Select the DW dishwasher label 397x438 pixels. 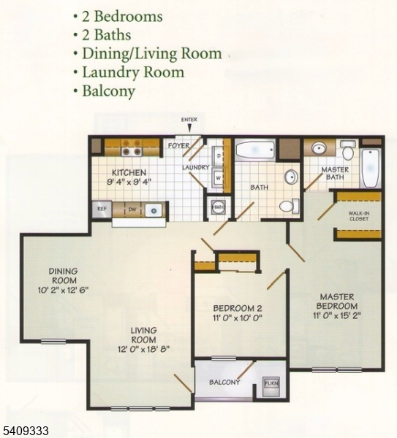point(132,210)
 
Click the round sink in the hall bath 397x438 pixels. point(291,177)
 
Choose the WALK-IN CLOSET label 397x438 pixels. point(360,215)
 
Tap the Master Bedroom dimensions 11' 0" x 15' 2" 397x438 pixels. point(336,315)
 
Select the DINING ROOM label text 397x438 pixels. point(63,275)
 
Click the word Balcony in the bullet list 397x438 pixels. point(109,91)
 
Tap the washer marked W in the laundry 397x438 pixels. point(219,177)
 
